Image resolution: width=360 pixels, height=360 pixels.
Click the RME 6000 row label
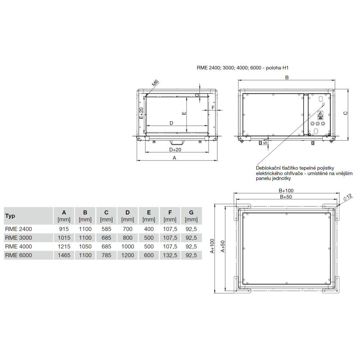coord(19,255)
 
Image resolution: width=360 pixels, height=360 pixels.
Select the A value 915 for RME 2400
coord(64,229)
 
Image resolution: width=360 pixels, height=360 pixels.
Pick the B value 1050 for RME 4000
coord(85,247)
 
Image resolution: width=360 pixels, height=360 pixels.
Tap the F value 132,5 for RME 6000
coord(170,255)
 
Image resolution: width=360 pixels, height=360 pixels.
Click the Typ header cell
coord(10,216)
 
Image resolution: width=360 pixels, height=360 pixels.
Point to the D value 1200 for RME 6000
coord(128,255)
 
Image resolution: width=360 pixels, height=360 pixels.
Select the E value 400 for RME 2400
coord(149,229)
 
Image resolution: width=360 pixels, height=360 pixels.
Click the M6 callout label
coord(156,83)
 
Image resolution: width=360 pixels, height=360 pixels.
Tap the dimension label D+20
coord(175,150)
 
